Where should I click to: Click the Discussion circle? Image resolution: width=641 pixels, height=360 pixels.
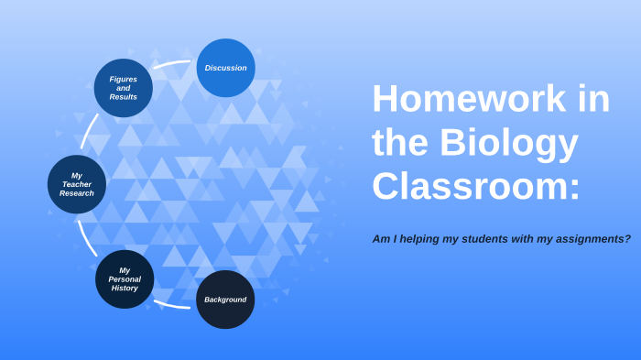point(225,68)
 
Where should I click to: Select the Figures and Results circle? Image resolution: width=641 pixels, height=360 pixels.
point(124,88)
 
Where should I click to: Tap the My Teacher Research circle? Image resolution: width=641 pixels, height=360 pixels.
point(77,184)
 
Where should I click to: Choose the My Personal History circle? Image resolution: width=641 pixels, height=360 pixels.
point(125,279)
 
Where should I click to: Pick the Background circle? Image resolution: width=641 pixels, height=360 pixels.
point(225,300)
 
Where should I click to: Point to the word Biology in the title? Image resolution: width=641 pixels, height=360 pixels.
point(508,143)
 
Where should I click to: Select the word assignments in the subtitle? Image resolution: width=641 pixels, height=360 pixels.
point(588,239)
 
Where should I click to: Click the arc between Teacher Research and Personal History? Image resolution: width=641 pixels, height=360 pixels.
point(86,235)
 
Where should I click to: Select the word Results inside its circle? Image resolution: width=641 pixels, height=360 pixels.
point(124,97)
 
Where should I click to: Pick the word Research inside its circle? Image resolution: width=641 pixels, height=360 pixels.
point(77,193)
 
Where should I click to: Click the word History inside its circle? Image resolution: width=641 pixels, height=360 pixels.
point(125,289)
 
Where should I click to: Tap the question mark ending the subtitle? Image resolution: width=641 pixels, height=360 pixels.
point(627,239)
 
